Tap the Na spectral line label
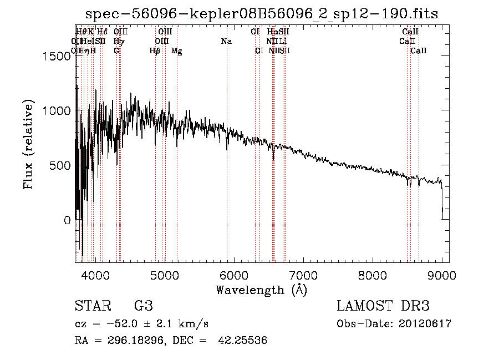(226, 41)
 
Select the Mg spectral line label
(176, 51)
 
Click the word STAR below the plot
(92, 306)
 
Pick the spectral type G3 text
(143, 306)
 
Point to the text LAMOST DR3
(383, 306)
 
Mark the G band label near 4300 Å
(116, 50)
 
